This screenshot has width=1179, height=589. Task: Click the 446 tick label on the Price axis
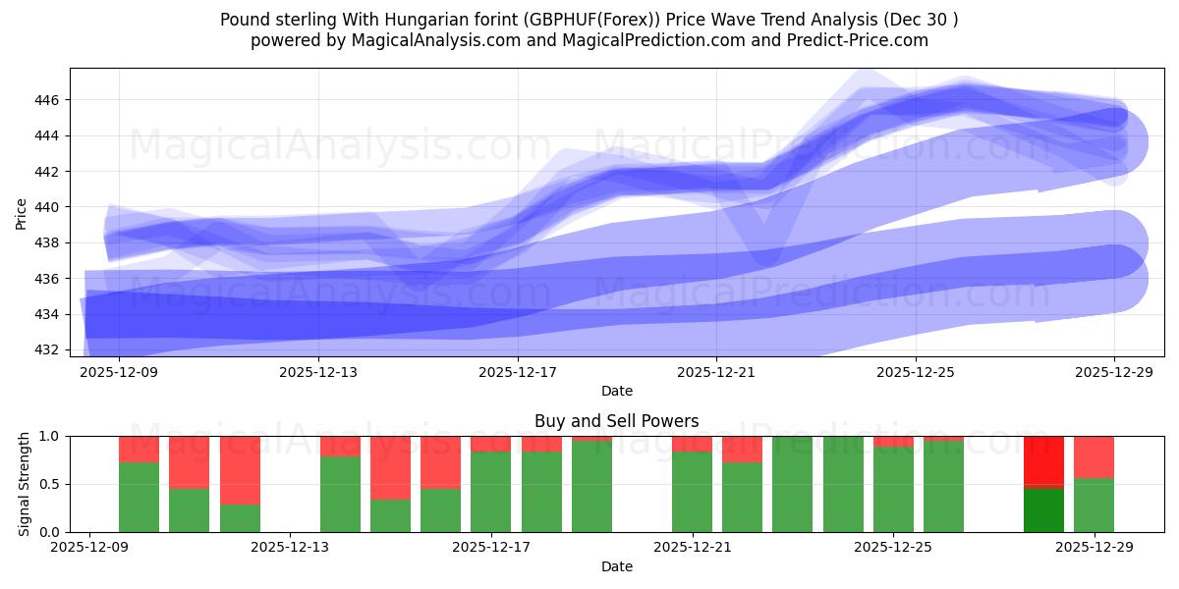tap(48, 100)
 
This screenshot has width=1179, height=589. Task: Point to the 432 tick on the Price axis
tap(48, 349)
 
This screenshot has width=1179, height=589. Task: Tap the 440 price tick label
tap(48, 207)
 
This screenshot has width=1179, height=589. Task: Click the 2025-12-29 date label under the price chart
tap(1114, 373)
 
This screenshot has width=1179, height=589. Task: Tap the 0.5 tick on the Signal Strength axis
tap(48, 484)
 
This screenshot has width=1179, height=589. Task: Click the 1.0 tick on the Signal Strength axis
tap(48, 436)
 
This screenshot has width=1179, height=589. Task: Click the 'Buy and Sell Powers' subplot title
tap(616, 421)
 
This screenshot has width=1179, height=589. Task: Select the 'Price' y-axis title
tap(22, 212)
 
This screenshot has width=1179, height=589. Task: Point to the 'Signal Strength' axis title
tap(25, 484)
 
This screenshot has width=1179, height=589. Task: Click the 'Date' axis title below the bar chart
tap(616, 566)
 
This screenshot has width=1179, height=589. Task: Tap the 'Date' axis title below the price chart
tap(616, 391)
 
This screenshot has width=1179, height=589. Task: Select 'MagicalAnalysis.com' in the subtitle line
tap(429, 40)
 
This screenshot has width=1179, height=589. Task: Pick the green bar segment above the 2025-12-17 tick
tap(491, 492)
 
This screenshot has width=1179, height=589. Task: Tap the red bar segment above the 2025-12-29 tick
tap(1094, 456)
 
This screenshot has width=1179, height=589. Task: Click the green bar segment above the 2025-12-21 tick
tap(692, 492)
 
